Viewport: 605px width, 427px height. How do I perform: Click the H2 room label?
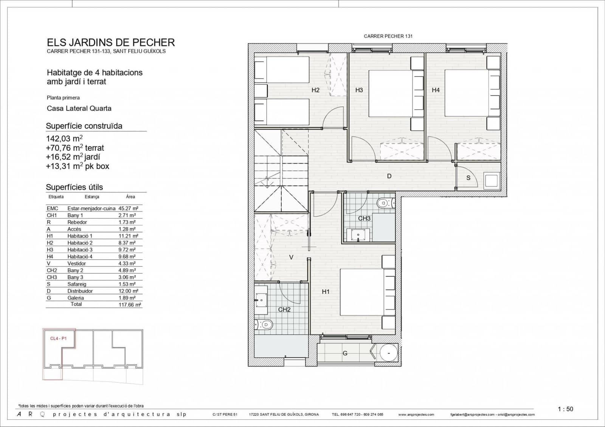click(x=315, y=90)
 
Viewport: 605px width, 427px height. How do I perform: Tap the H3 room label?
click(x=359, y=90)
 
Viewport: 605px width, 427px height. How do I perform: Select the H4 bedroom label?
click(x=436, y=90)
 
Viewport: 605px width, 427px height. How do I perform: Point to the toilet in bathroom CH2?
click(x=264, y=324)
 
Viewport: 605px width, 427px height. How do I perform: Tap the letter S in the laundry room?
click(x=468, y=178)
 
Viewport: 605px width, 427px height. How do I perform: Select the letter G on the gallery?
click(x=345, y=353)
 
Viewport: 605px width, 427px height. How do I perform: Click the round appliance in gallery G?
click(x=388, y=354)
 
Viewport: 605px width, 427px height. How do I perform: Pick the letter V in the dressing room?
click(x=291, y=257)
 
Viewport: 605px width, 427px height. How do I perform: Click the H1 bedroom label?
click(x=326, y=292)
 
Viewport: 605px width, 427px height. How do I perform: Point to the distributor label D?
click(x=389, y=176)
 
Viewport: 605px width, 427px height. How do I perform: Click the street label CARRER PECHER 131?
click(x=388, y=36)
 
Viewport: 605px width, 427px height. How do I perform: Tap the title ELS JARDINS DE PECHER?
click(x=111, y=42)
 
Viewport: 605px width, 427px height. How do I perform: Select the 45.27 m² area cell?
click(x=128, y=208)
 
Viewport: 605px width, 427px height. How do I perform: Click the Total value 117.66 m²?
click(x=129, y=305)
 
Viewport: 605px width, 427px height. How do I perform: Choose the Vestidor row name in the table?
click(x=76, y=263)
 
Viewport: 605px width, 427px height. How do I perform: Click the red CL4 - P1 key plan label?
click(x=58, y=339)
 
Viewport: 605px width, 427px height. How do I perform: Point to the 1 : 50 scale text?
click(x=565, y=409)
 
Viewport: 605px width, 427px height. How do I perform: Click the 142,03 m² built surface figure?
click(x=64, y=139)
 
